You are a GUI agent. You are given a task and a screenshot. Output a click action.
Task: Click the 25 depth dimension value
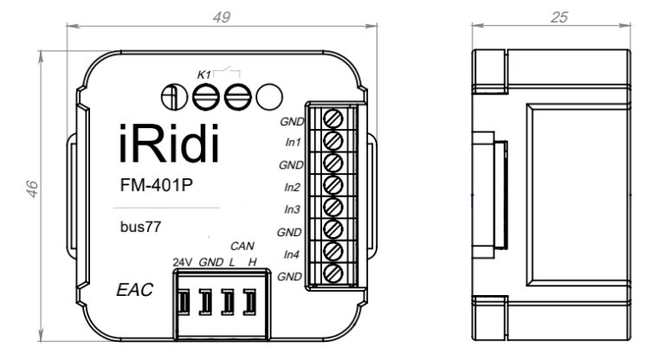[x=559, y=17]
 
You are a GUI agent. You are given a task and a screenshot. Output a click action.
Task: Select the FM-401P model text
[x=156, y=184]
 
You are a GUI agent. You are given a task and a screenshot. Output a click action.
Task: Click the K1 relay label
[x=204, y=75]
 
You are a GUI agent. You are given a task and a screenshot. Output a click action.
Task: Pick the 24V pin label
[x=182, y=261]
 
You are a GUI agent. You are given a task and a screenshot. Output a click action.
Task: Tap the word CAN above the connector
[x=242, y=246]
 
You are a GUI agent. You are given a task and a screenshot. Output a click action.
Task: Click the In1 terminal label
[x=292, y=142]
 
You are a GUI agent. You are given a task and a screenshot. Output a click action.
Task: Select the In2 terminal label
[x=292, y=187]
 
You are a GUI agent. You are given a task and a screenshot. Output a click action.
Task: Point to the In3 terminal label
[x=292, y=209]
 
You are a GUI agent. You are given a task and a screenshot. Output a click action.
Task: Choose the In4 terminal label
[x=292, y=254]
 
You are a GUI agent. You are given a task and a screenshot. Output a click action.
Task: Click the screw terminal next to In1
[x=333, y=139]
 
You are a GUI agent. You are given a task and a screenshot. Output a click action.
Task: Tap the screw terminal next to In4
[x=333, y=252]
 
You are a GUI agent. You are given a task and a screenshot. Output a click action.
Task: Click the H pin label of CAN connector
[x=251, y=261]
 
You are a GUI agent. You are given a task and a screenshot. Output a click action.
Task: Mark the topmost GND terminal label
[x=290, y=120]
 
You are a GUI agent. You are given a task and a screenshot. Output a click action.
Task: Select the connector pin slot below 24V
[x=184, y=301]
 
